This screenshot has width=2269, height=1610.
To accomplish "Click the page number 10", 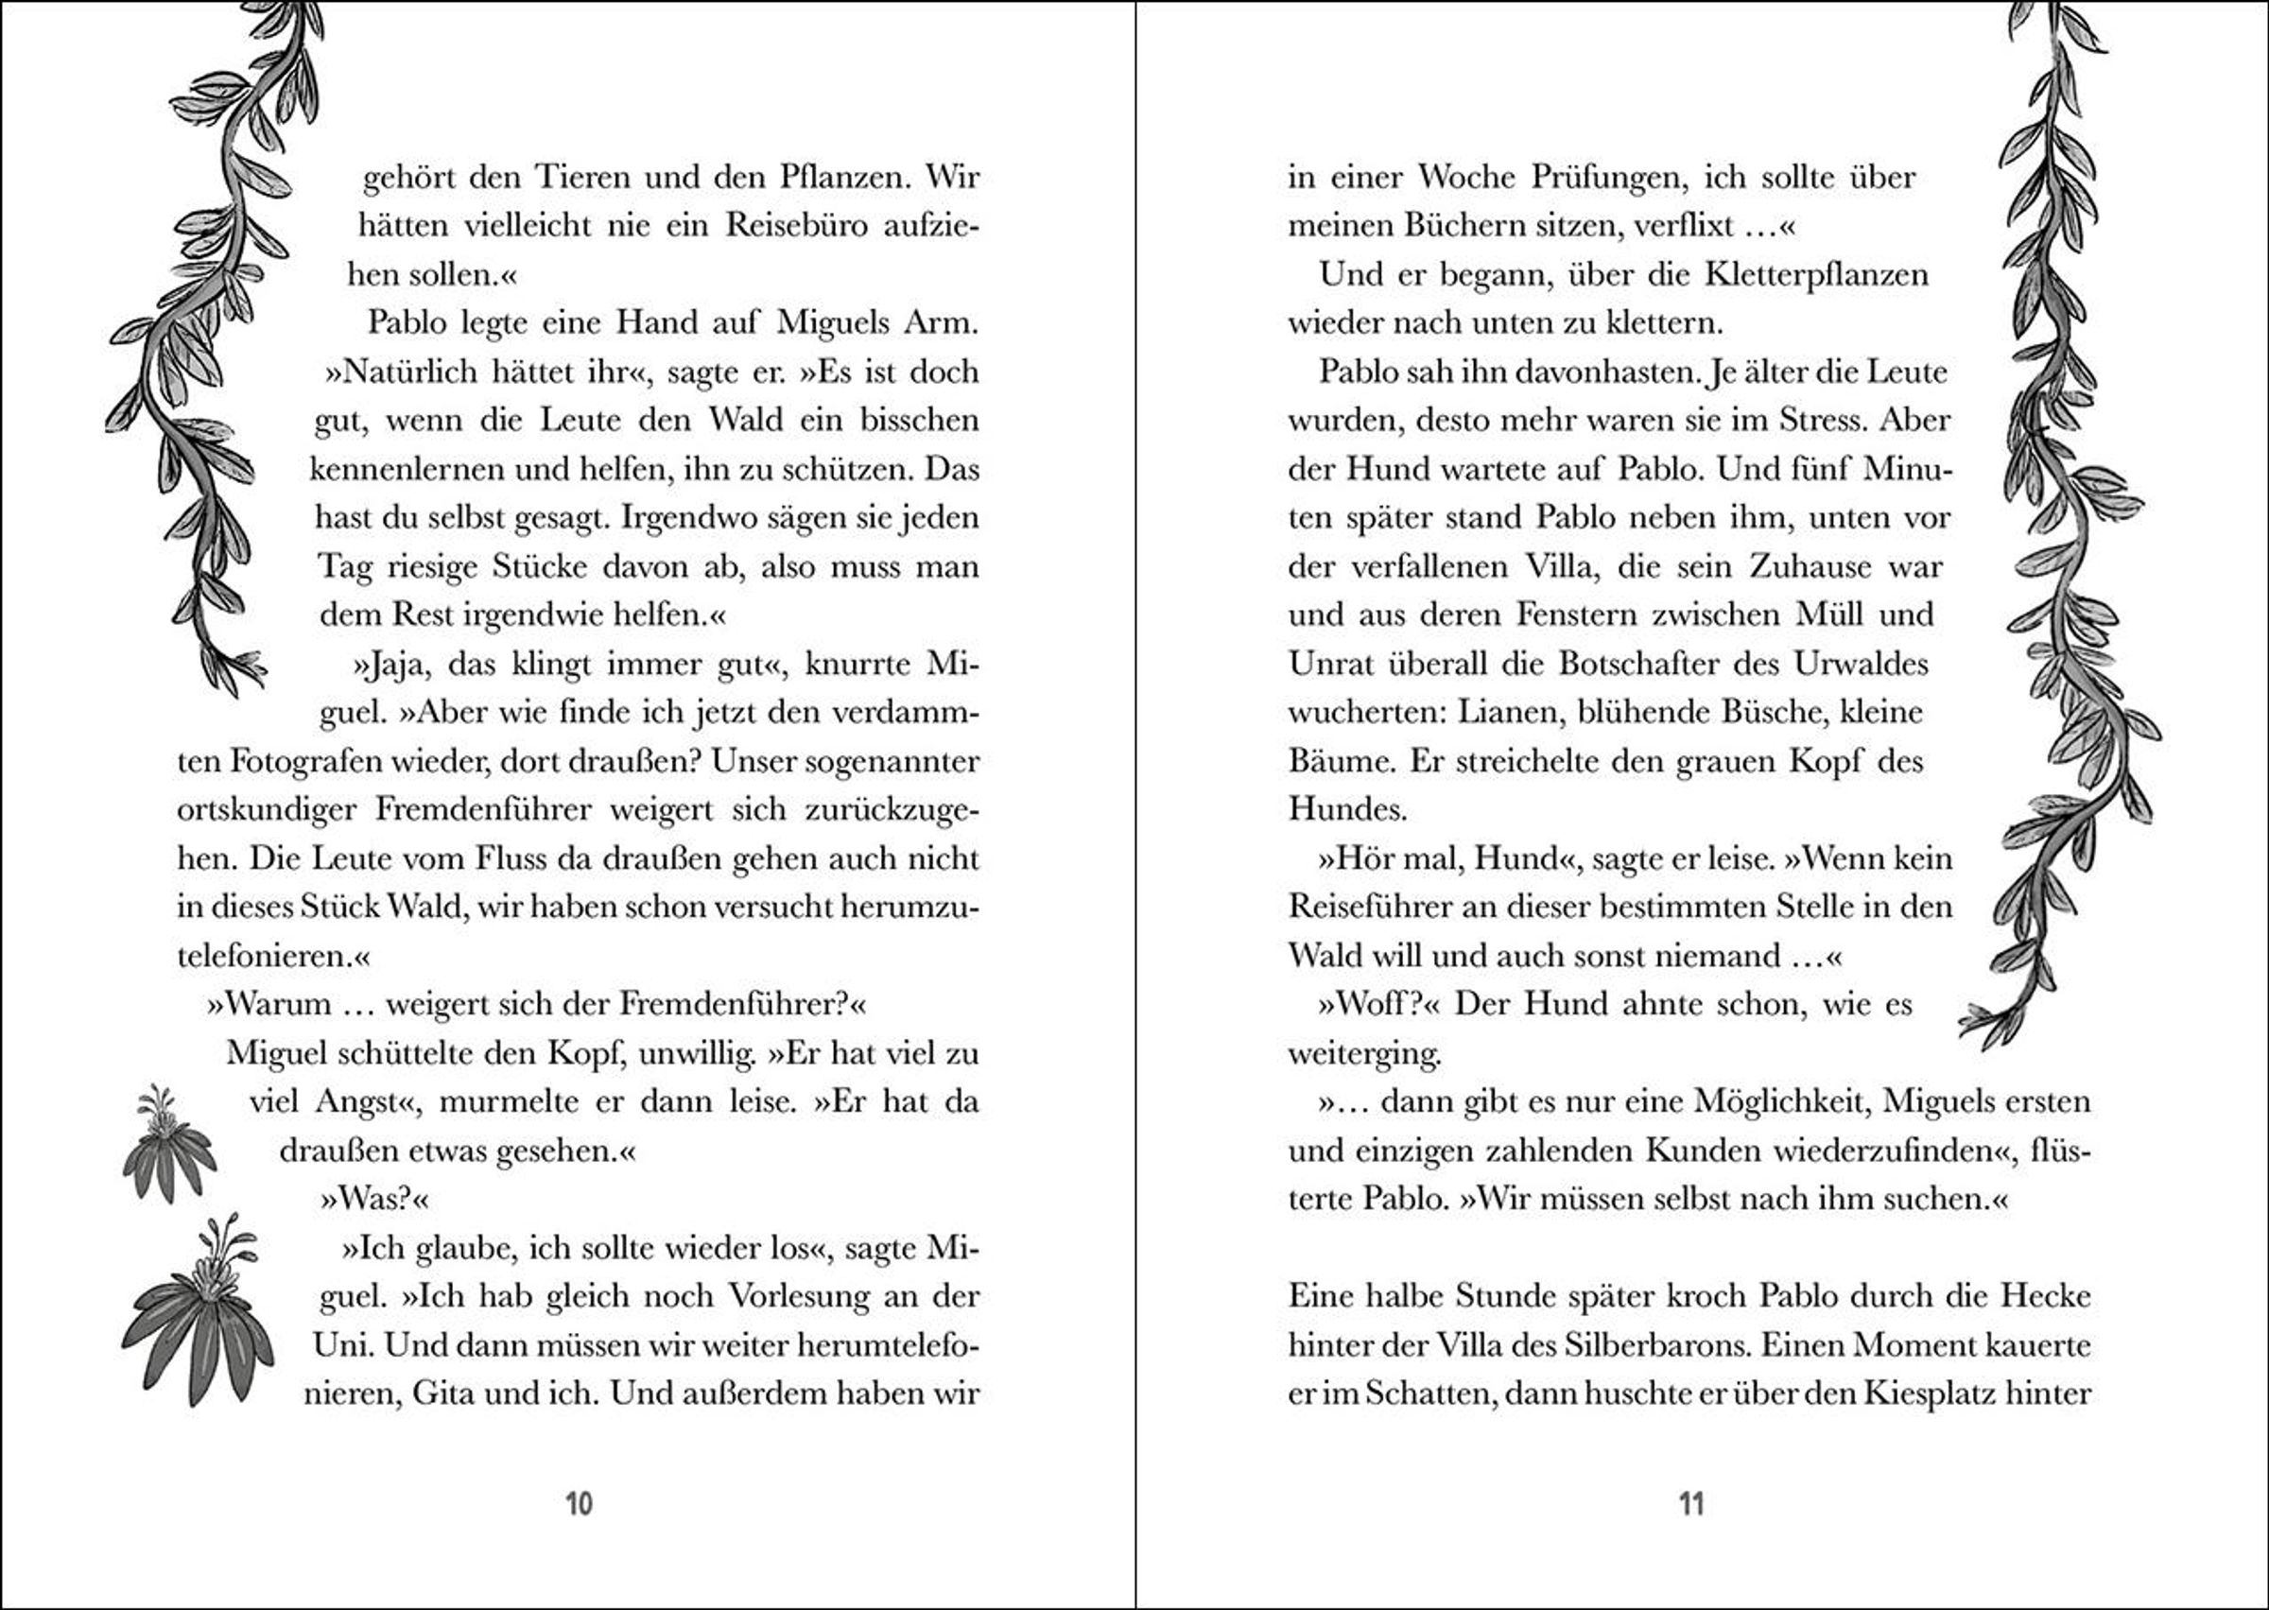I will point(578,1503).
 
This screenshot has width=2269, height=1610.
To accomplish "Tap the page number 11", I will point(1690,1503).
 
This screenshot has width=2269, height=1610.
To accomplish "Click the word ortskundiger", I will point(266,810).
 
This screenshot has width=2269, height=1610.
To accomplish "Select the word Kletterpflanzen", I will point(1816,274).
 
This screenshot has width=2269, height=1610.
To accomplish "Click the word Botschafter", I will point(1639,664).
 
